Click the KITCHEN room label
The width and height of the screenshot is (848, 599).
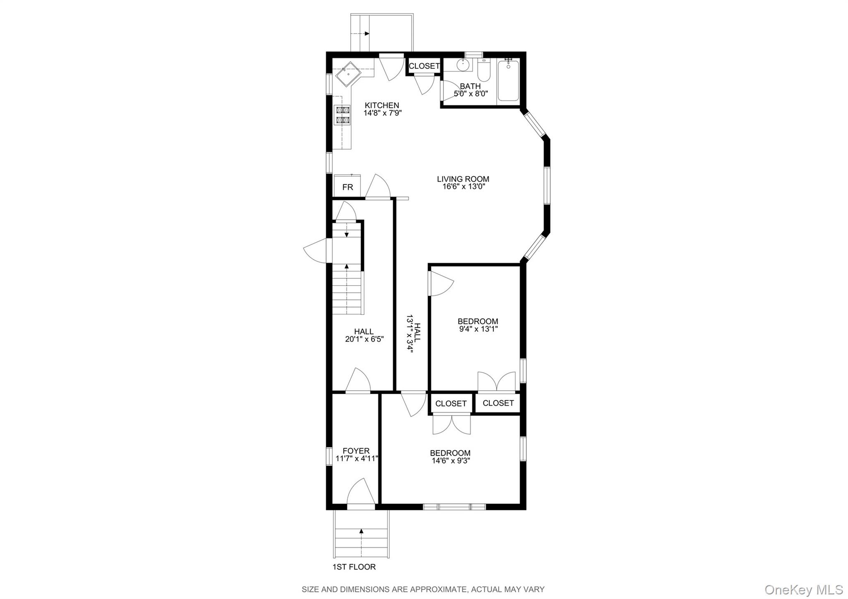382,106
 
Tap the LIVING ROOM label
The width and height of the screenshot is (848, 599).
463,179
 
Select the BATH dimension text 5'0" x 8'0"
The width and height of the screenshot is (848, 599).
471,94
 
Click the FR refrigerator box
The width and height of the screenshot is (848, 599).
347,187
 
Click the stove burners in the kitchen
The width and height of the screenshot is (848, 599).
343,115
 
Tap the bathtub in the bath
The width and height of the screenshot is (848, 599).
508,81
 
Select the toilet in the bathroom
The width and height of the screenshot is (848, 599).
484,72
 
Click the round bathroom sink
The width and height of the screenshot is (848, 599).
463,65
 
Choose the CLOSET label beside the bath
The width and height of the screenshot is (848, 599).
424,66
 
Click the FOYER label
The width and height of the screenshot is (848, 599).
356,451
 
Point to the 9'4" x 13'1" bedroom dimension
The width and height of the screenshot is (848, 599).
478,329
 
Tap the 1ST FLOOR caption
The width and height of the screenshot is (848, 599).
354,567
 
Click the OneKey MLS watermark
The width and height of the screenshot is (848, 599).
803,589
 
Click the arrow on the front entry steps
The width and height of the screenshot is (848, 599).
361,531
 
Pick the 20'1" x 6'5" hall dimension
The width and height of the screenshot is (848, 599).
364,339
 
